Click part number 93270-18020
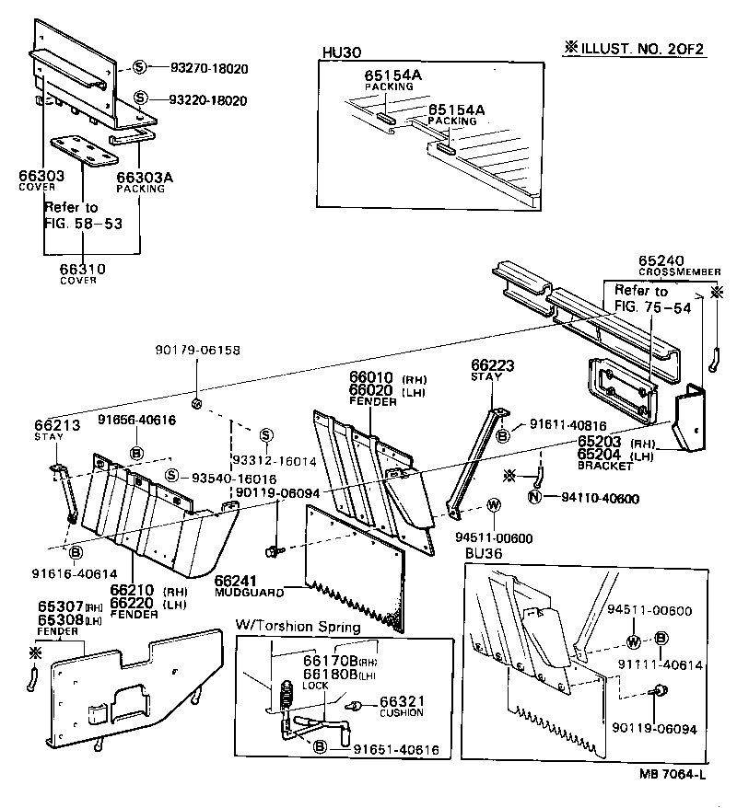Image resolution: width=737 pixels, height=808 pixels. coord(209,68)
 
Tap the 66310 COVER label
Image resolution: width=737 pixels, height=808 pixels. coord(83,273)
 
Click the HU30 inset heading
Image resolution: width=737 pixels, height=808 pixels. coord(338,52)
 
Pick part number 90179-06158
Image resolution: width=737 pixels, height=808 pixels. coord(198,350)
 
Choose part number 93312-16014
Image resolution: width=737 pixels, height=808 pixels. coord(275,460)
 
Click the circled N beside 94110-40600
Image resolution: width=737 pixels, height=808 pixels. coord(533,498)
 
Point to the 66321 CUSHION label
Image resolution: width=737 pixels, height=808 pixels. coord(402,704)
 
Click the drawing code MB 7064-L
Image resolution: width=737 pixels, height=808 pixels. coord(673,774)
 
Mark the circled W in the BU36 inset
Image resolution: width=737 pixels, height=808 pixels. coord(635,641)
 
